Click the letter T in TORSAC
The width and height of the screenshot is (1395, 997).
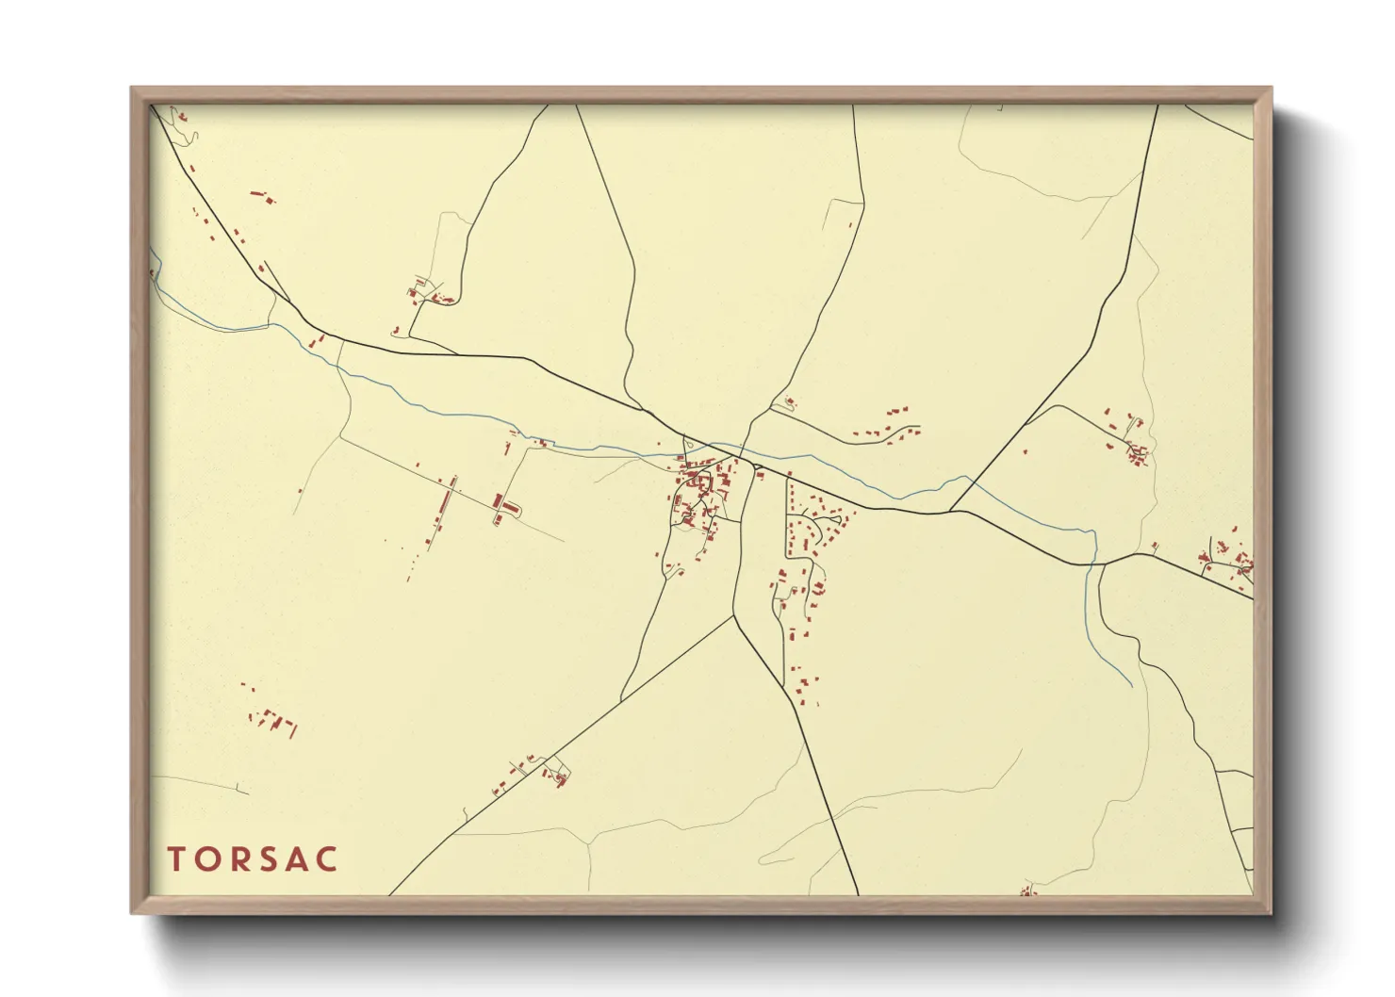[176, 859]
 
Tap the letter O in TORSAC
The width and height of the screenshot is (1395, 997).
[208, 859]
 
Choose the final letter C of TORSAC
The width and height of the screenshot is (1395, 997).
[328, 859]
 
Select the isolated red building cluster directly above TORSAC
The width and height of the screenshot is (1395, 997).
[272, 721]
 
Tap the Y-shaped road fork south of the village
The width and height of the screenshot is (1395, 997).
[734, 617]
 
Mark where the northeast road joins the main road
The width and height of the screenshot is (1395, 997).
[951, 512]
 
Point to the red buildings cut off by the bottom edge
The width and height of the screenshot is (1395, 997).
[1027, 891]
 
